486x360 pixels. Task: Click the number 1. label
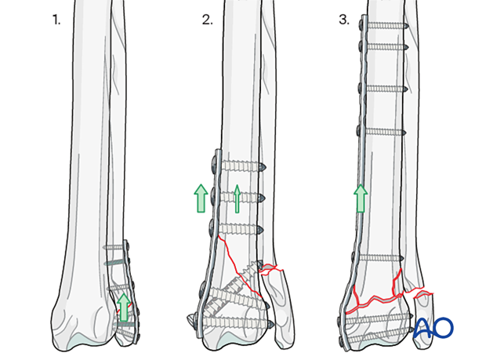[x=56, y=20]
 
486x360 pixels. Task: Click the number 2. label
[x=208, y=20]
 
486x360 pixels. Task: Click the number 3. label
[x=344, y=20]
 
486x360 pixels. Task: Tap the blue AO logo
[x=433, y=327]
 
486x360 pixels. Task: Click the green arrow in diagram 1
[x=125, y=307]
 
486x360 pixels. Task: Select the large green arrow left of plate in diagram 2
[x=201, y=198]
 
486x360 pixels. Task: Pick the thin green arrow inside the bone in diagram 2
[x=237, y=198]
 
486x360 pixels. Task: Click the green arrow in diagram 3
[x=361, y=198]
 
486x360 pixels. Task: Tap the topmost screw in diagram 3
[x=384, y=26]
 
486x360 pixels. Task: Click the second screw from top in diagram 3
[x=383, y=47]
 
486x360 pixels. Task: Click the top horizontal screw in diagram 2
[x=238, y=165]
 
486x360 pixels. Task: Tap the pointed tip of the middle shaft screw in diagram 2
[x=263, y=198]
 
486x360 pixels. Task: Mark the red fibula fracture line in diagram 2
[x=271, y=270]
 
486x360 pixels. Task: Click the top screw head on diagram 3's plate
[x=361, y=24]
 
